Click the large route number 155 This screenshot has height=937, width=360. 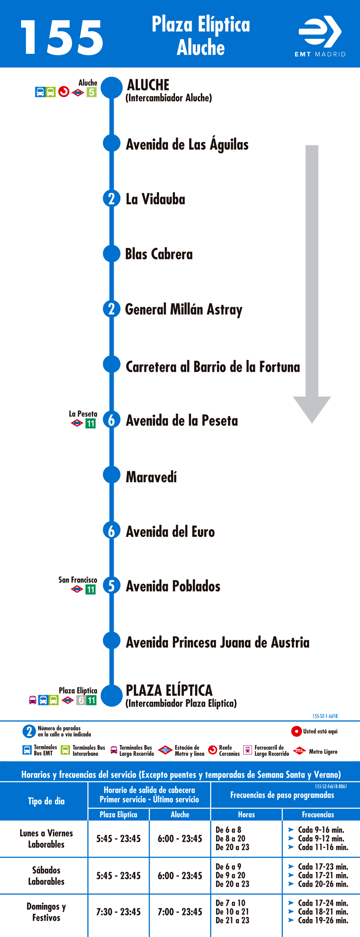[x=62, y=37]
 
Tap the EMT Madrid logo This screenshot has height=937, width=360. [x=320, y=36]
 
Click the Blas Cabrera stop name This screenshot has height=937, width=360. [x=159, y=254]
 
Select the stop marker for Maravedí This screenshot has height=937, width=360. [x=111, y=475]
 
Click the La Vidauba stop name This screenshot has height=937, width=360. [x=156, y=199]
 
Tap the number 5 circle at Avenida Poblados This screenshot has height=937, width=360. [x=111, y=586]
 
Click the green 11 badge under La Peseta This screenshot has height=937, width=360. [x=90, y=424]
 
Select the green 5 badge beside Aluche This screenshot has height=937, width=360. [x=91, y=92]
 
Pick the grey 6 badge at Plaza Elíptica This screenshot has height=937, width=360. [x=81, y=700]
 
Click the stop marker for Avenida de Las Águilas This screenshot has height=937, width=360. [x=111, y=143]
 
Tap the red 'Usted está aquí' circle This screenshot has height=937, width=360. [x=296, y=731]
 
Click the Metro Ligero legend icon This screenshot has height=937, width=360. [x=300, y=751]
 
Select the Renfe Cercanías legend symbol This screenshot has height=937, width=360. [x=213, y=750]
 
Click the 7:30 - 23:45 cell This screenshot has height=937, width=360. [x=119, y=912]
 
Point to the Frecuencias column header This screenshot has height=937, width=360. [x=318, y=814]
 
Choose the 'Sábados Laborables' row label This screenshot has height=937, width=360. [x=46, y=876]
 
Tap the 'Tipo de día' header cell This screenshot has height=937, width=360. [x=46, y=801]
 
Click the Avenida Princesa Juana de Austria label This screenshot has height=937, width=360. [x=217, y=642]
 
